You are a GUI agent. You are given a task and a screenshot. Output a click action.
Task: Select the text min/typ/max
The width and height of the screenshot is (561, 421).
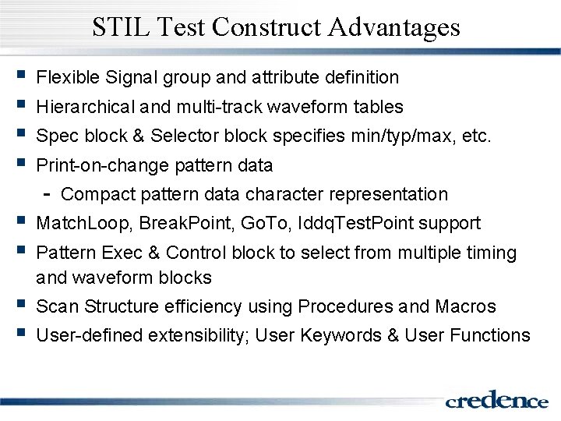pyautogui.click(x=406, y=136)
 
